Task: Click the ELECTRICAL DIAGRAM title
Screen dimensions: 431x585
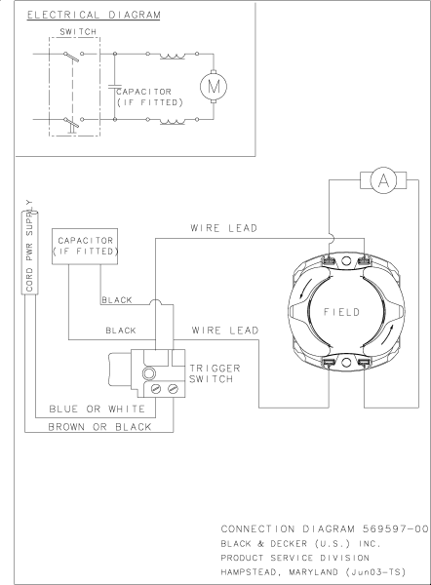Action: point(94,15)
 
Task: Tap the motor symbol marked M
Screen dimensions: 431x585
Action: point(214,86)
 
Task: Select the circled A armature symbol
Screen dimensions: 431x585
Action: point(383,180)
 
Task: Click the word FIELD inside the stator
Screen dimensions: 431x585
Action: point(341,312)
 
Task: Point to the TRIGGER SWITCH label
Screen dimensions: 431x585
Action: point(215,373)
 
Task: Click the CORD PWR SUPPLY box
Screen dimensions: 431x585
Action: point(30,253)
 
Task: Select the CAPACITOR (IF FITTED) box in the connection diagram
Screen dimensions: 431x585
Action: point(85,247)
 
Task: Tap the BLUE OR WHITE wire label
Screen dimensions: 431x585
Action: point(97,409)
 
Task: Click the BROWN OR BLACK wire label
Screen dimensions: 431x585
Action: point(99,427)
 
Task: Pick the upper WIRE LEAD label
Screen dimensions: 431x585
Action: point(224,228)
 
